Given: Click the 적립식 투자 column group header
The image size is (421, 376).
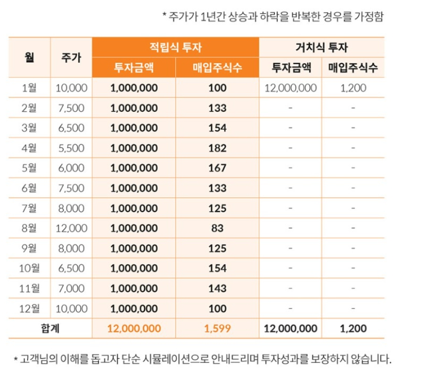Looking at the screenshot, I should tap(175, 47).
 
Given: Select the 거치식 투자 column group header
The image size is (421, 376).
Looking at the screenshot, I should tap(322, 47).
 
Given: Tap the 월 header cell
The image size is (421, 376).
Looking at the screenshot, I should tap(29, 57).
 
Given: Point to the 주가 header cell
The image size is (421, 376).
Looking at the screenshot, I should tap(71, 57).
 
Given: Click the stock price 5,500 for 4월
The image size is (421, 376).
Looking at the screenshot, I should tap(71, 148).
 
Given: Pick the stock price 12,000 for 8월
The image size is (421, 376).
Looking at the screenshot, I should tap(71, 228).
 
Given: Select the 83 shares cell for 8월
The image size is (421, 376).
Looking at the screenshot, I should tap(217, 228).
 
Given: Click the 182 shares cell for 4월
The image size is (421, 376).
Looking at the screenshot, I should tap(217, 148).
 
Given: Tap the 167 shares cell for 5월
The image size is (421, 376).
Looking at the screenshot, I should tap(217, 168).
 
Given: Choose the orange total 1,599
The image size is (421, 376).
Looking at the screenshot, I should tap(217, 328).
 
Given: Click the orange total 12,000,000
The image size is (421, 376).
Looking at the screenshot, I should tap(134, 328).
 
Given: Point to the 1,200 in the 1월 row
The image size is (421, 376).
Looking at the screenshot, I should tap(353, 88).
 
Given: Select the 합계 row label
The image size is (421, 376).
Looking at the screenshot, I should tap(50, 328).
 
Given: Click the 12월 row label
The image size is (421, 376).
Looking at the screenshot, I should tap(29, 308).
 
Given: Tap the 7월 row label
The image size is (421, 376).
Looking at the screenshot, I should tap(29, 208).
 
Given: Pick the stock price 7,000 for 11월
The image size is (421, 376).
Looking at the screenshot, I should tap(71, 288).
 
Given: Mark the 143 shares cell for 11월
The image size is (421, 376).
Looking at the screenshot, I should tap(217, 288).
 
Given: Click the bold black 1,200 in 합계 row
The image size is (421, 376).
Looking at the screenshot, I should tap(353, 328).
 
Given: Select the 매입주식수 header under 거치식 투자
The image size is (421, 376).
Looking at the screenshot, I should tap(353, 68).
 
